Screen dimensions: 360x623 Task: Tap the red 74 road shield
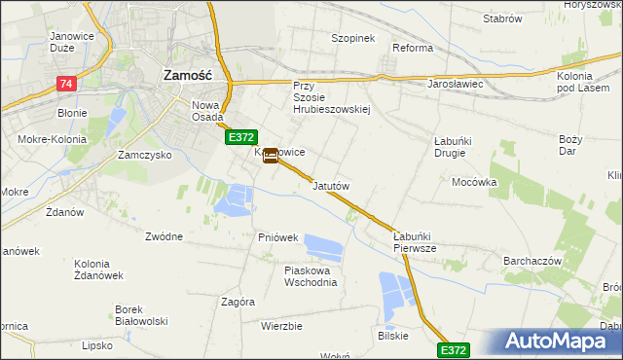click(x=66, y=85)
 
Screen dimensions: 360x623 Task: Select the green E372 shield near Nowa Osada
click(x=242, y=139)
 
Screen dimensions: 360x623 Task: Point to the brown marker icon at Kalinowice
click(x=270, y=155)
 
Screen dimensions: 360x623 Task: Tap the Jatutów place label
click(x=331, y=185)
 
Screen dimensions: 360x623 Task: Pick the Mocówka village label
click(x=474, y=182)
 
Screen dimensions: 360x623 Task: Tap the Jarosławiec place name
click(x=456, y=84)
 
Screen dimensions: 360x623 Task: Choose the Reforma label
click(x=412, y=47)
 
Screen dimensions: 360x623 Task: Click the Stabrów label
click(x=502, y=18)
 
